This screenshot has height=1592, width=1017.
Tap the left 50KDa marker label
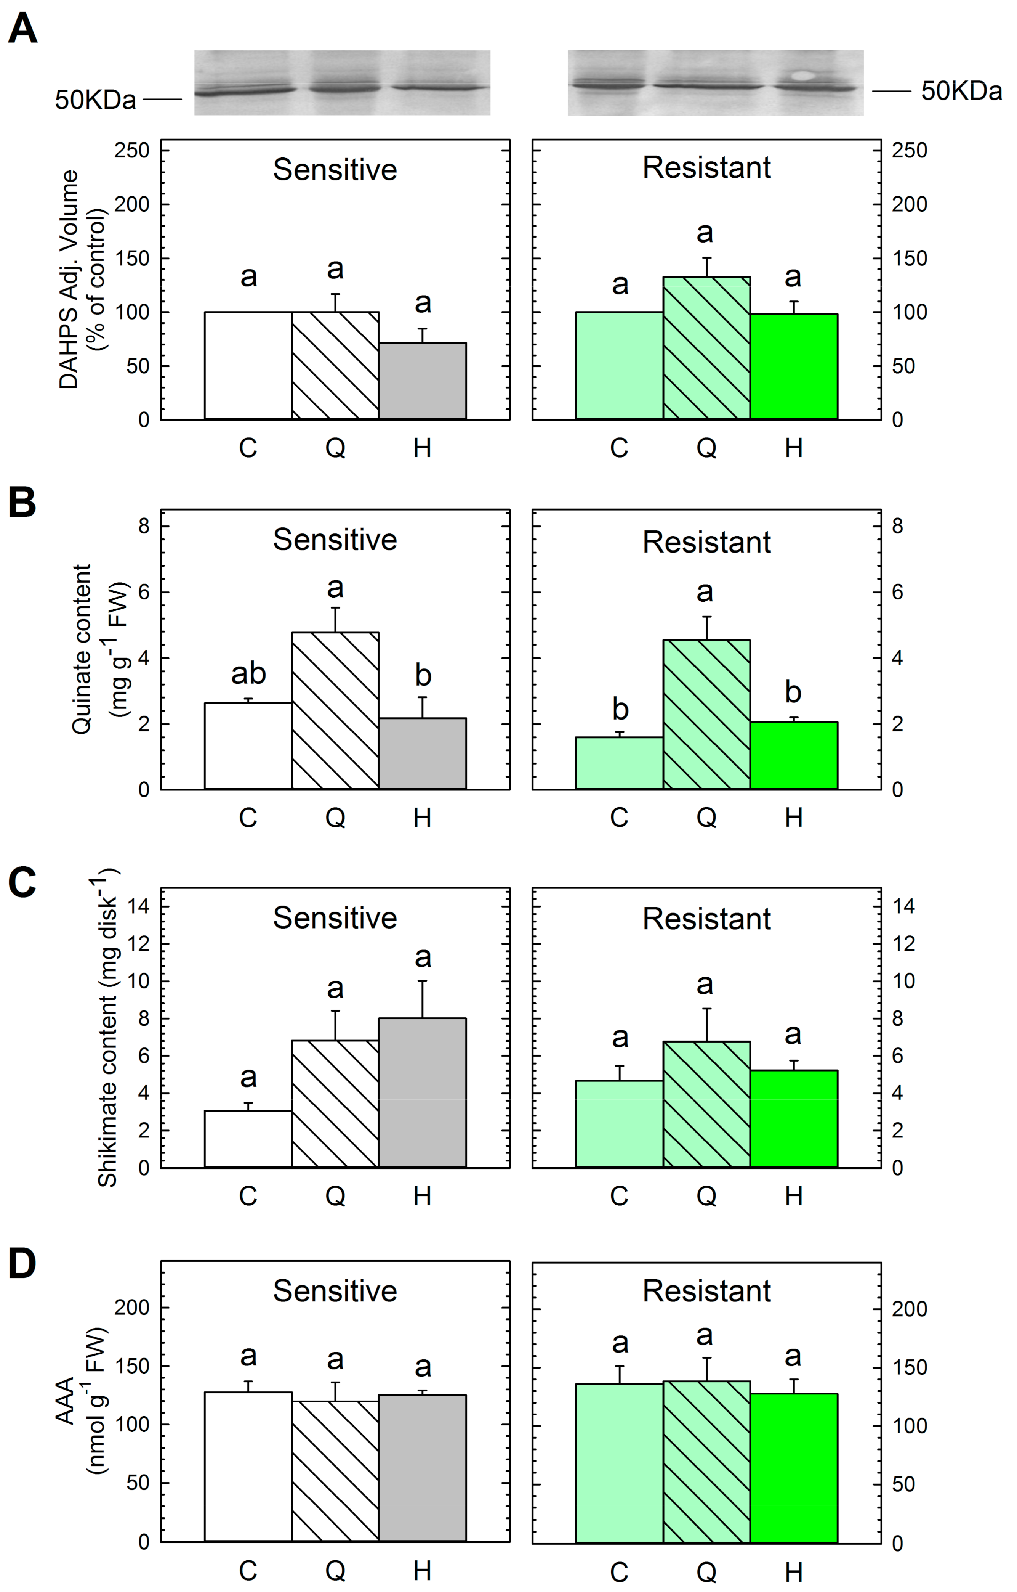pyautogui.click(x=95, y=100)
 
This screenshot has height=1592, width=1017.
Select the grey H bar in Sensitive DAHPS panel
pyautogui.click(x=422, y=381)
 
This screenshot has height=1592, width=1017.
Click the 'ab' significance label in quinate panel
pyautogui.click(x=248, y=674)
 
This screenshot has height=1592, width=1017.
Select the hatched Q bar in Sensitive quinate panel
pyautogui.click(x=335, y=711)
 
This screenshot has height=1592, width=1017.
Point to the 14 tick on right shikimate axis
pyautogui.click(x=903, y=906)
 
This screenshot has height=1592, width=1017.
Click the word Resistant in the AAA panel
pyautogui.click(x=706, y=1290)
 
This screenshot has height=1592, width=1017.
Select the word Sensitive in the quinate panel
pyautogui.click(x=335, y=540)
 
